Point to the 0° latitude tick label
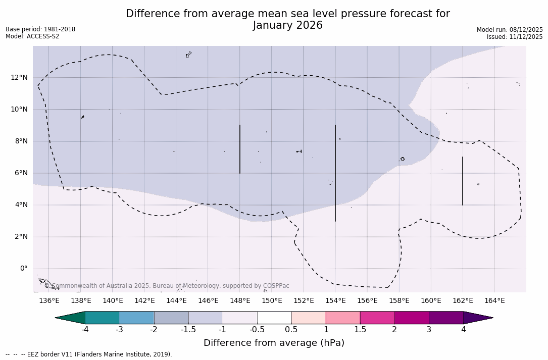23,269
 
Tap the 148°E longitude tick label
240,301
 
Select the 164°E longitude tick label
494,301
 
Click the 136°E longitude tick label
49,301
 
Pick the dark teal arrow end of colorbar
70,318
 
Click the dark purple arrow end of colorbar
478,318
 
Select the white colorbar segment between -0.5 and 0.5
274,318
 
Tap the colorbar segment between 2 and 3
412,318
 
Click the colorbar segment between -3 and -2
137,318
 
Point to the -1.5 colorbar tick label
188,330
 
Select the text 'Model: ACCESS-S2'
32,36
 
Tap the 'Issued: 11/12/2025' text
515,37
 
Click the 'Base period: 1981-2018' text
40,29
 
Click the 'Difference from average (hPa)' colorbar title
274,343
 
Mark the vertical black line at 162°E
463,181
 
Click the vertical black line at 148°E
240,149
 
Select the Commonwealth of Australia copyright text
167,286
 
